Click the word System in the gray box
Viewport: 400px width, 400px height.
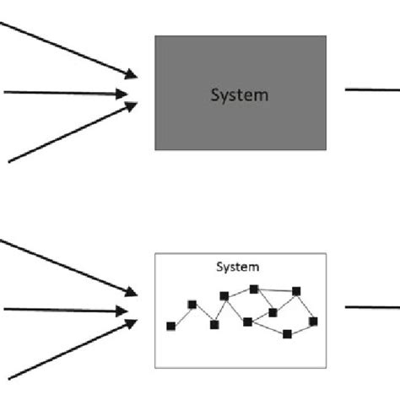[x=239, y=95]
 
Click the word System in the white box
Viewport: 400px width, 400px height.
[x=238, y=268]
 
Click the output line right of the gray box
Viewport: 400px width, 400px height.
[x=372, y=91]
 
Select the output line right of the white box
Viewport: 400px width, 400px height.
[x=372, y=307]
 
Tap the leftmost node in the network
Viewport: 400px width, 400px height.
[x=171, y=325]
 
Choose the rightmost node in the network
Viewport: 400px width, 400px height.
[x=313, y=321]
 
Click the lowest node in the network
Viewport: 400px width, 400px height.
[x=287, y=334]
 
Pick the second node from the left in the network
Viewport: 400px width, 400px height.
[x=192, y=305]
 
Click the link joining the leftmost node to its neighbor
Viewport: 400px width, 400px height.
[x=181, y=315]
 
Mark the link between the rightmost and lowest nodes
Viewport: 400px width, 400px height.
[x=300, y=327]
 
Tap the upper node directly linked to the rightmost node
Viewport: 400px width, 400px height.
[x=296, y=291]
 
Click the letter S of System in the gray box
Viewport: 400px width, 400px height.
[x=214, y=95]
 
